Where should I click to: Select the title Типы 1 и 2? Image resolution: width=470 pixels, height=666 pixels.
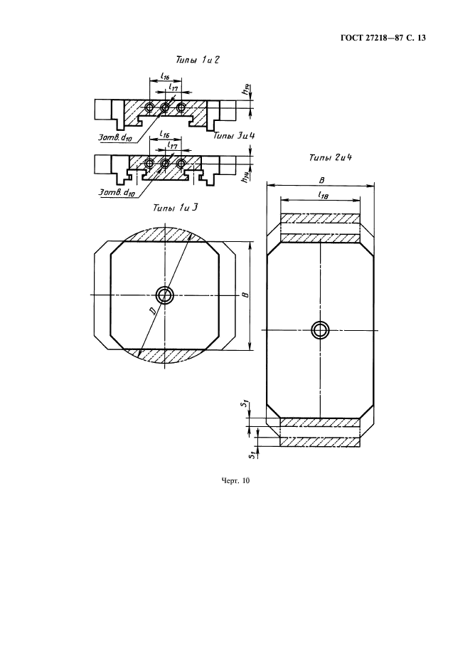198,60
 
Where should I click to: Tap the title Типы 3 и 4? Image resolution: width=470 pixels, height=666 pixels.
237,136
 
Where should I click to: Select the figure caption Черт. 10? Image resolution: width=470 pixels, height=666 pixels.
235,480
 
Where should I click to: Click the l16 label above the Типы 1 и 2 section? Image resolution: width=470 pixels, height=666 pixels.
165,75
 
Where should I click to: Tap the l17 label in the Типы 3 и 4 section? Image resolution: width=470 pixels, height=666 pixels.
172,145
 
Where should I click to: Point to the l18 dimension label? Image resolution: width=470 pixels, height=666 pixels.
323,195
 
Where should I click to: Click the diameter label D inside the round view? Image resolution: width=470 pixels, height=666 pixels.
152,312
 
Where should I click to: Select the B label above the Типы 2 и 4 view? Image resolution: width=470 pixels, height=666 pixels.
321,181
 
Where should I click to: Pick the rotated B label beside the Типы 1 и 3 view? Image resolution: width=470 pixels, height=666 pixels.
245,295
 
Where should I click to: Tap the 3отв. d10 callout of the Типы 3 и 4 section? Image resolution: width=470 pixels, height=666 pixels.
117,193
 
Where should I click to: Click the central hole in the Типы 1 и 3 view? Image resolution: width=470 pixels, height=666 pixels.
164,295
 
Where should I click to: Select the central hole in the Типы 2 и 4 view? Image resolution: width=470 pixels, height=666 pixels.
320,329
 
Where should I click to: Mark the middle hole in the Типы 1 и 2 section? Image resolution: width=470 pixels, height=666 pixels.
165,107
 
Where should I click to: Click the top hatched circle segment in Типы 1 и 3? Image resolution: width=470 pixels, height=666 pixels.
165,233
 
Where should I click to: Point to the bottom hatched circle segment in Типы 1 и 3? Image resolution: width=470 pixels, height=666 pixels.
165,356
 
